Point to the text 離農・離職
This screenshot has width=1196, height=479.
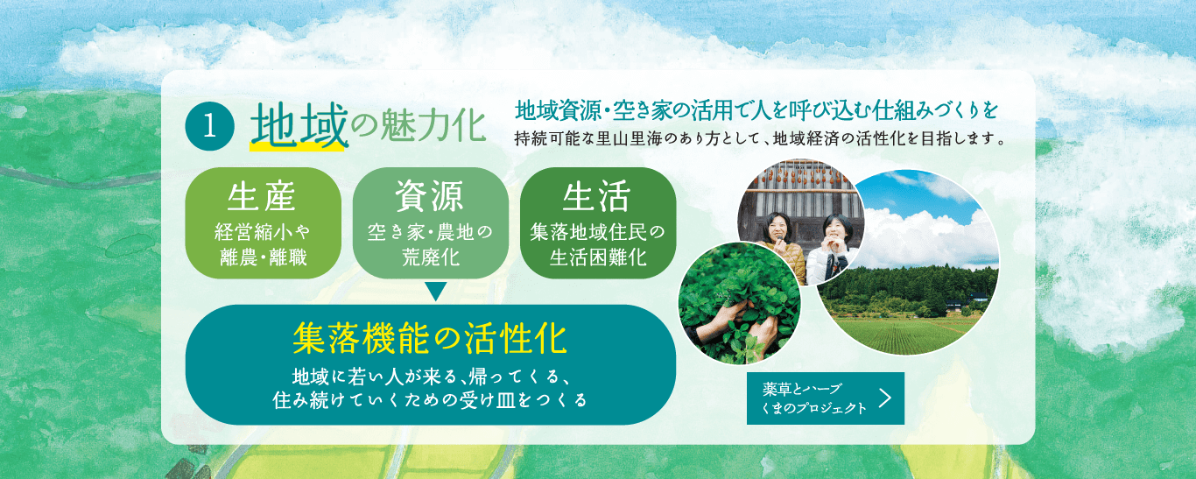click(x=263, y=257)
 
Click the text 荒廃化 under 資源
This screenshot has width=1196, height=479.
click(x=430, y=257)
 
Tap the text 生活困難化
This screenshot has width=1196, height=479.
click(x=597, y=257)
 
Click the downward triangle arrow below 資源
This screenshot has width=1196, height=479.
click(x=435, y=292)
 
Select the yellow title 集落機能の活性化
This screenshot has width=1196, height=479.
click(x=430, y=337)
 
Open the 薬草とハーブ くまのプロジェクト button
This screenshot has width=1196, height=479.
click(x=814, y=398)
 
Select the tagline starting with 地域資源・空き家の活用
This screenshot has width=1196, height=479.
click(x=756, y=111)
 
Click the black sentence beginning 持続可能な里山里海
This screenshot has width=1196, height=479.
click(x=758, y=138)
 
